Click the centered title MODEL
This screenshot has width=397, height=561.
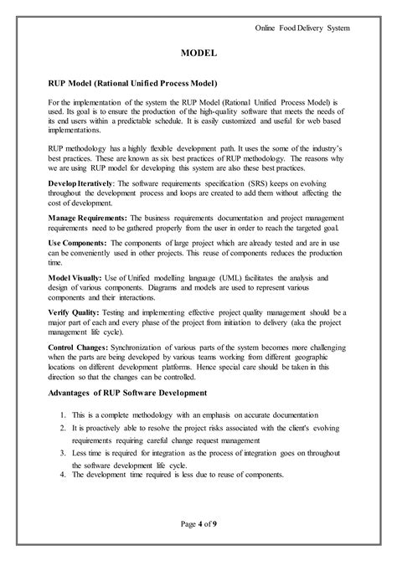pyautogui.click(x=199, y=53)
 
